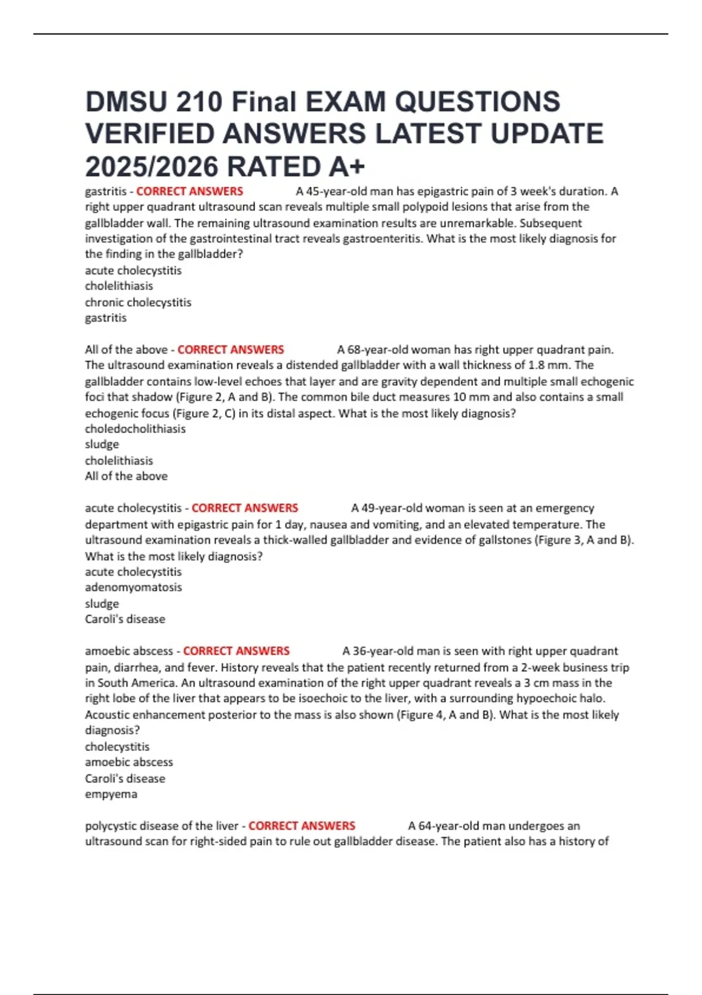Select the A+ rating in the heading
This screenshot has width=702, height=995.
(x=347, y=167)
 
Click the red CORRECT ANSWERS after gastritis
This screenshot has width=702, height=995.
(x=190, y=191)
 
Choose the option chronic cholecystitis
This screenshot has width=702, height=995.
(x=138, y=303)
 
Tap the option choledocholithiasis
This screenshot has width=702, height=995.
(x=135, y=429)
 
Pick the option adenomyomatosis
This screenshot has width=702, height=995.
(x=133, y=588)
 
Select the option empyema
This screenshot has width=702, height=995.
(x=111, y=794)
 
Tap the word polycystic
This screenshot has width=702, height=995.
(x=110, y=826)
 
